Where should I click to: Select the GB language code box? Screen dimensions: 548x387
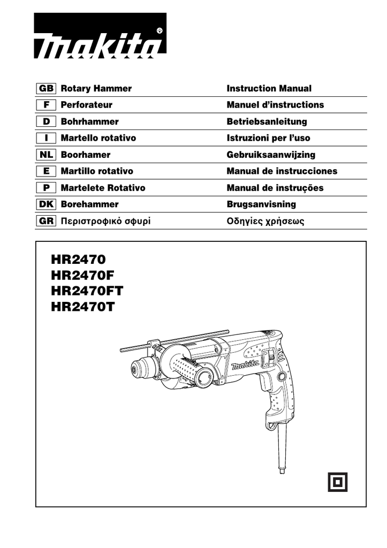tap(45, 88)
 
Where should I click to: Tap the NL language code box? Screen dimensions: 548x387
tap(45, 155)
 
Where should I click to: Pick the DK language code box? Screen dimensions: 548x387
tap(45, 204)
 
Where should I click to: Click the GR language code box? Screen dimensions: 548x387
tap(45, 221)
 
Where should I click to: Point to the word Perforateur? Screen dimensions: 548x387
tap(87, 105)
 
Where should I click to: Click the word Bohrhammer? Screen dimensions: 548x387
tap(89, 121)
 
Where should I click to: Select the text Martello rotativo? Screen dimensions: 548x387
tap(98, 138)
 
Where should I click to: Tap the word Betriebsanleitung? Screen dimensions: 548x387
tap(267, 121)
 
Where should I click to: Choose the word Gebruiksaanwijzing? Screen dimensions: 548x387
tap(271, 155)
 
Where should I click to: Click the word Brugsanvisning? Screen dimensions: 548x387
tap(261, 204)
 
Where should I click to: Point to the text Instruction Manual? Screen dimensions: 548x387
tap(269, 88)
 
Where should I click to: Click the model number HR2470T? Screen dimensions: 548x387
tap(83, 308)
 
